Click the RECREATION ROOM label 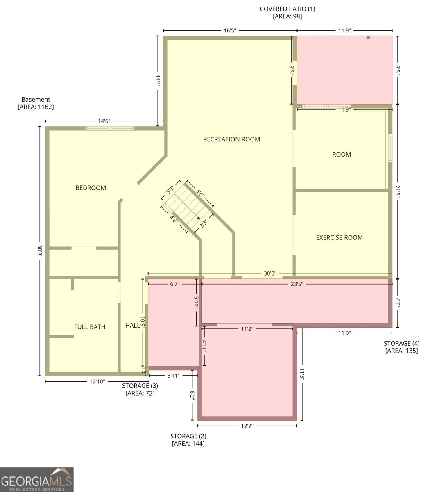pos(231,139)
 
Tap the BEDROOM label pos(91,188)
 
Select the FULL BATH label pos(90,327)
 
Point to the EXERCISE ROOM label pos(340,237)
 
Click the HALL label pos(133,326)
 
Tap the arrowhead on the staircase pos(199,218)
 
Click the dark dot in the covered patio pos(368,38)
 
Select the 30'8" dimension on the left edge pos(40,251)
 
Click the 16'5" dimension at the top pos(230,30)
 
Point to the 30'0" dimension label pos(270,273)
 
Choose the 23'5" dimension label pos(297,284)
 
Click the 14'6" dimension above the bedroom pos(104,121)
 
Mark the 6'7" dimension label pos(175,284)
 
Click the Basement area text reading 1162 pos(36,107)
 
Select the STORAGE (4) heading pos(402,343)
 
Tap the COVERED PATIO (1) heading pos(288,9)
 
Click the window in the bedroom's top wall pos(110,128)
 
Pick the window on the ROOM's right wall pos(390,148)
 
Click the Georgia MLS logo pos(37,479)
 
